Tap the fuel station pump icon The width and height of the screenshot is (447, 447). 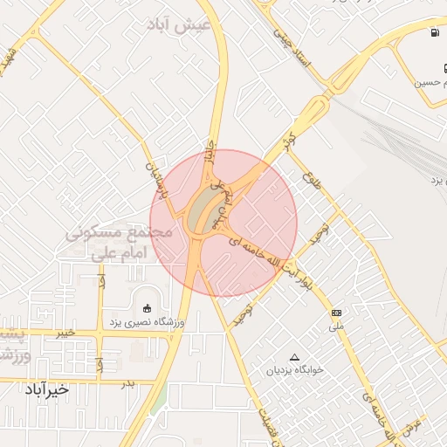point(434,33)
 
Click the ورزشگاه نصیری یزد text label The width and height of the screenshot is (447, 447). point(146,323)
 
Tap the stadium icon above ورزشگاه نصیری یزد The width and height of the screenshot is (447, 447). point(146,307)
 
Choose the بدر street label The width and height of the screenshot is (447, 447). point(128,382)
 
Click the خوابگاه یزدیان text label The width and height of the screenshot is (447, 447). point(295,369)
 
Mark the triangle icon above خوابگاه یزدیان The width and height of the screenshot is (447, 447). point(294,357)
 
